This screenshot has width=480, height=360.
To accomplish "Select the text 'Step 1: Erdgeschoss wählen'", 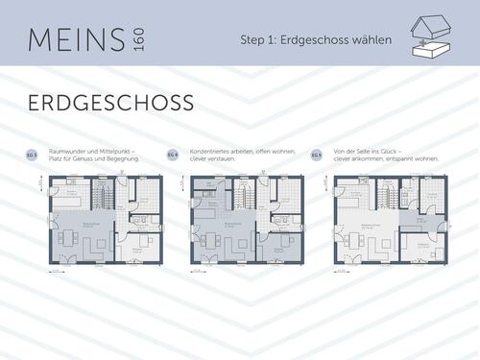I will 317,39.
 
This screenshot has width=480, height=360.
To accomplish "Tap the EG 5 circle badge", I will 316,154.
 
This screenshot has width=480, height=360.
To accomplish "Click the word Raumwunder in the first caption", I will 63,151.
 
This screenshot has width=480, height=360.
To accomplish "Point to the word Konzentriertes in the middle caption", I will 213,151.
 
